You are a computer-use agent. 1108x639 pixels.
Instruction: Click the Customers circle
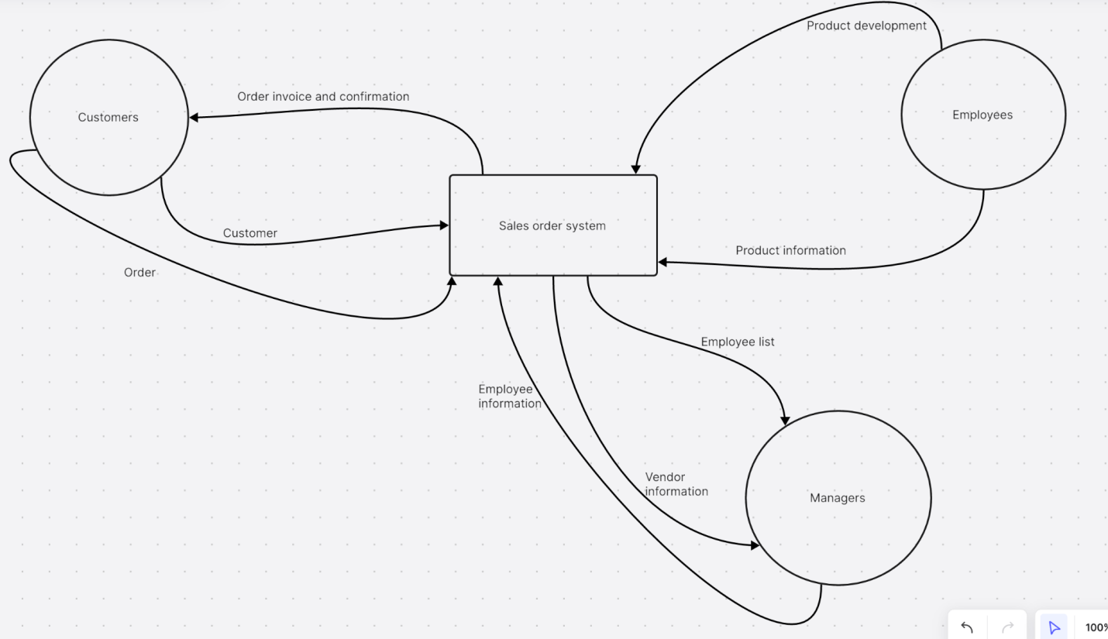coord(108,117)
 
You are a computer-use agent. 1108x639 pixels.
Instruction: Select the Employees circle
coord(982,115)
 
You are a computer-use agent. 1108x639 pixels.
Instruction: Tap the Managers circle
coord(838,497)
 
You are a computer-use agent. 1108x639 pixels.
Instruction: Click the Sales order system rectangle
coord(552,225)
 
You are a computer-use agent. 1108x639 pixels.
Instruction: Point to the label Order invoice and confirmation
coord(323,97)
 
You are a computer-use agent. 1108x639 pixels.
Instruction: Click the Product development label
coord(866,26)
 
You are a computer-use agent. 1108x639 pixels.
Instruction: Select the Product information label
coord(790,250)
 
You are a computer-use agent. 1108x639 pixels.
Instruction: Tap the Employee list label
coord(737,342)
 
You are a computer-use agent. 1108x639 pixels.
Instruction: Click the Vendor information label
coord(676,484)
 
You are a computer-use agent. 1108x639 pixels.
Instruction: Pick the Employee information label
coord(509,396)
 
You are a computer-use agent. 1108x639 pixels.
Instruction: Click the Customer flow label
coord(249,233)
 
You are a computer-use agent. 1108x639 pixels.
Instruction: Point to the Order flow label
coord(139,273)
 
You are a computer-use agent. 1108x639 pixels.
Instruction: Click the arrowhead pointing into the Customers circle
coord(194,117)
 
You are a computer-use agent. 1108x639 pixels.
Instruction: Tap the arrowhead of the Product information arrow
coord(662,263)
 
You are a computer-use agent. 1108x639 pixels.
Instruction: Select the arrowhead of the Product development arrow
coord(636,168)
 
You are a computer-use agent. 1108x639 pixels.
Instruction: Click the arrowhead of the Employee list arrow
coord(785,421)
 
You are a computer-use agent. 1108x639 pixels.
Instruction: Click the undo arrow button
coord(967,627)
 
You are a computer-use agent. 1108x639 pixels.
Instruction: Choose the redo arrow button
coord(1007,627)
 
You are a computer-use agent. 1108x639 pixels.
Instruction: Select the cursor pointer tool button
coord(1054,627)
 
